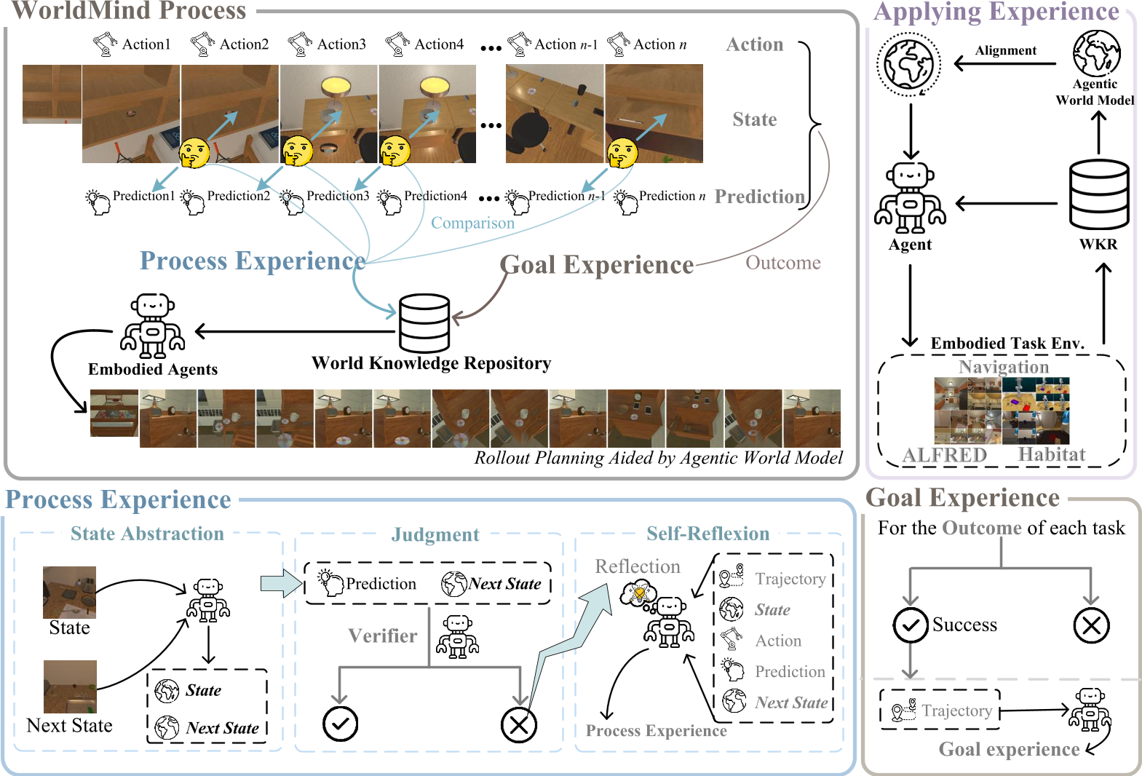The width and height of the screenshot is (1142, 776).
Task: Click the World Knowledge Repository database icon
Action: click(x=424, y=323)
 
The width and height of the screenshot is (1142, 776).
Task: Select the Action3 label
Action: click(x=341, y=44)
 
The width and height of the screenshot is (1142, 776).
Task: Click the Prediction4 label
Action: click(x=435, y=196)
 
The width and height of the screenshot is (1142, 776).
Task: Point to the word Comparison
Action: click(x=472, y=223)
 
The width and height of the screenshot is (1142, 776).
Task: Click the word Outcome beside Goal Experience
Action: click(x=782, y=263)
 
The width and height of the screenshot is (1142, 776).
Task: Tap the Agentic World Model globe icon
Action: click(x=1096, y=53)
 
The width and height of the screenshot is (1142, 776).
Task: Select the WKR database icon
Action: click(x=1098, y=195)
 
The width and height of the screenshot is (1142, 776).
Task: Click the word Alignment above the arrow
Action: click(x=1005, y=50)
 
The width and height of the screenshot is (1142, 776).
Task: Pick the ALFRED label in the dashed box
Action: click(x=944, y=455)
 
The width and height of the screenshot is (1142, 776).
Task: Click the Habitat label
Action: click(x=1051, y=454)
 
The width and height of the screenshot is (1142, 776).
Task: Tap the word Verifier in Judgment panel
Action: click(x=383, y=636)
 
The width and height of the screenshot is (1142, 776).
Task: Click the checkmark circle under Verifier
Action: click(x=340, y=724)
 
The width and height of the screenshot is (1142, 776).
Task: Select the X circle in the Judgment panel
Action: click(x=518, y=724)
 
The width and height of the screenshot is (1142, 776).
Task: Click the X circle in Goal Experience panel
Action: click(x=1090, y=625)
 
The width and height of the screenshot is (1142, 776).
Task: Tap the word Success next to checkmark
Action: click(x=964, y=625)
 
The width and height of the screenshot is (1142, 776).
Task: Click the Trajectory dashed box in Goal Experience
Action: click(x=940, y=710)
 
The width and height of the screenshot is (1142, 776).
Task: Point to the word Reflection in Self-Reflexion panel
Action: click(x=638, y=566)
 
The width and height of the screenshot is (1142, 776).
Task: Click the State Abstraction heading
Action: click(x=147, y=534)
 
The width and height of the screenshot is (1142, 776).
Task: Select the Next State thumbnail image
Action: click(x=70, y=686)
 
